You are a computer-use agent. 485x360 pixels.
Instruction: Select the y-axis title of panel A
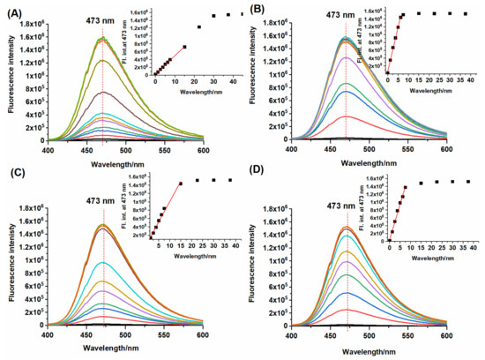(8, 81)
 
